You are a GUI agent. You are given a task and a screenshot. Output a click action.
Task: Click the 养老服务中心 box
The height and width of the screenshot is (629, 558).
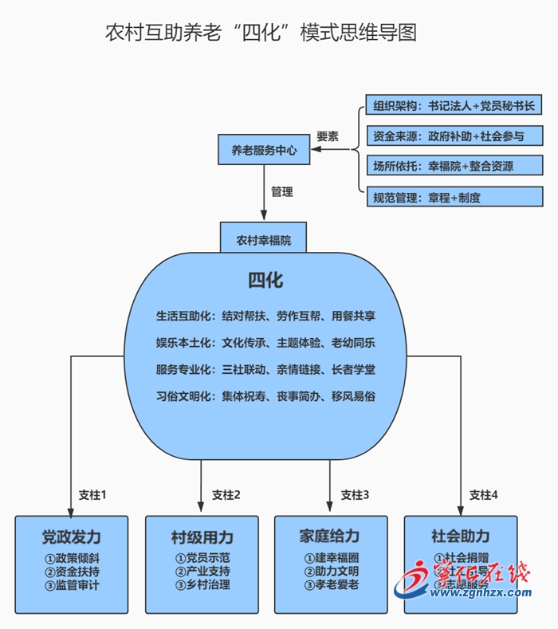(264, 149)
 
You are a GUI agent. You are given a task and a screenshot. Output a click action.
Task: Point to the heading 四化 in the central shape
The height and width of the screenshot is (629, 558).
(265, 281)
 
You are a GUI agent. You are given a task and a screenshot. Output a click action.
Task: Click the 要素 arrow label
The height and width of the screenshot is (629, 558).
(328, 136)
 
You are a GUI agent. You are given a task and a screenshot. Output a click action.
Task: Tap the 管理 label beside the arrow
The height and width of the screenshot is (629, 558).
(281, 191)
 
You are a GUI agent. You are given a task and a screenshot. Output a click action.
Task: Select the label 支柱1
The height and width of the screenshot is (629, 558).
(92, 494)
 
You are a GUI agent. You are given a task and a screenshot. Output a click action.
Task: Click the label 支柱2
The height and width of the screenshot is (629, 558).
(226, 494)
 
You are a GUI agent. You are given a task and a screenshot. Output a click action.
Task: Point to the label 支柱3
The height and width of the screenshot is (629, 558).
(355, 494)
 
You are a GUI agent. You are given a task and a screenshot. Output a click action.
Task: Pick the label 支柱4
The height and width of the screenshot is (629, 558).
(484, 494)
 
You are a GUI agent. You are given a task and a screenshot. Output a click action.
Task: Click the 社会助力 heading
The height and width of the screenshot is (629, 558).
(461, 536)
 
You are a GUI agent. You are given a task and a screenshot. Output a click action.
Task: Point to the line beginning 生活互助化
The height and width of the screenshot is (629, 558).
(265, 316)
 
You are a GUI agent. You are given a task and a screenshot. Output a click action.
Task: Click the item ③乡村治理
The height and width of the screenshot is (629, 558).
(202, 585)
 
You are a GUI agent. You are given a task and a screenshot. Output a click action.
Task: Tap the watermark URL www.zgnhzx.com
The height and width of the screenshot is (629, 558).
(482, 592)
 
